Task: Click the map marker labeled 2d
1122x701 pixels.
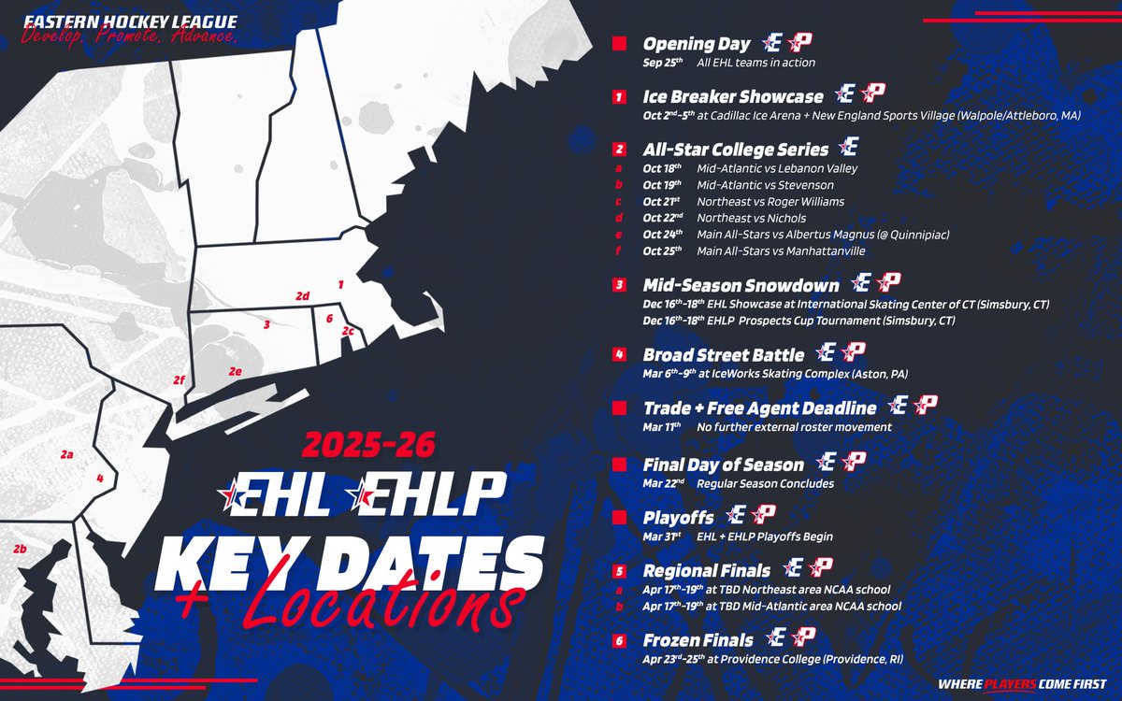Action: point(302,296)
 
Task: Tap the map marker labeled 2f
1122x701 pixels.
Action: point(179,379)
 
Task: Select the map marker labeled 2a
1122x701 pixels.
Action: point(66,454)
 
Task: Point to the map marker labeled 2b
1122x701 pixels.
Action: point(20,549)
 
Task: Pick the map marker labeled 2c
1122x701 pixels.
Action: point(347,331)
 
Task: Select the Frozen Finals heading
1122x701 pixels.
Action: point(698,640)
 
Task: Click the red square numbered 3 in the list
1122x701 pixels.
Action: point(619,283)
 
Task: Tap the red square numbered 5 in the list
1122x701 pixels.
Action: point(619,570)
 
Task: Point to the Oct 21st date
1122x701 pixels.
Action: point(663,201)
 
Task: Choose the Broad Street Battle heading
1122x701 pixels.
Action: point(723,355)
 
